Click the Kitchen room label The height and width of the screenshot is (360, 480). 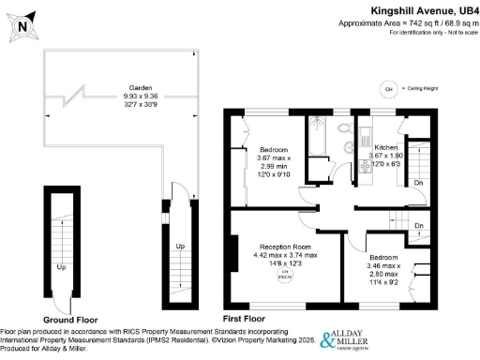click(386, 148)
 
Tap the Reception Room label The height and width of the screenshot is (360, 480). click(285, 247)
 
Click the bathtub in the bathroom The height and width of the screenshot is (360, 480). click(318, 137)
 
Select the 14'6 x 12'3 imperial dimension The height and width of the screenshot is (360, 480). click(285, 264)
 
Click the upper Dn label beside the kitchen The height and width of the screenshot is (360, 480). click(418, 184)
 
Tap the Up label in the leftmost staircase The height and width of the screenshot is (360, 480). click(61, 267)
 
